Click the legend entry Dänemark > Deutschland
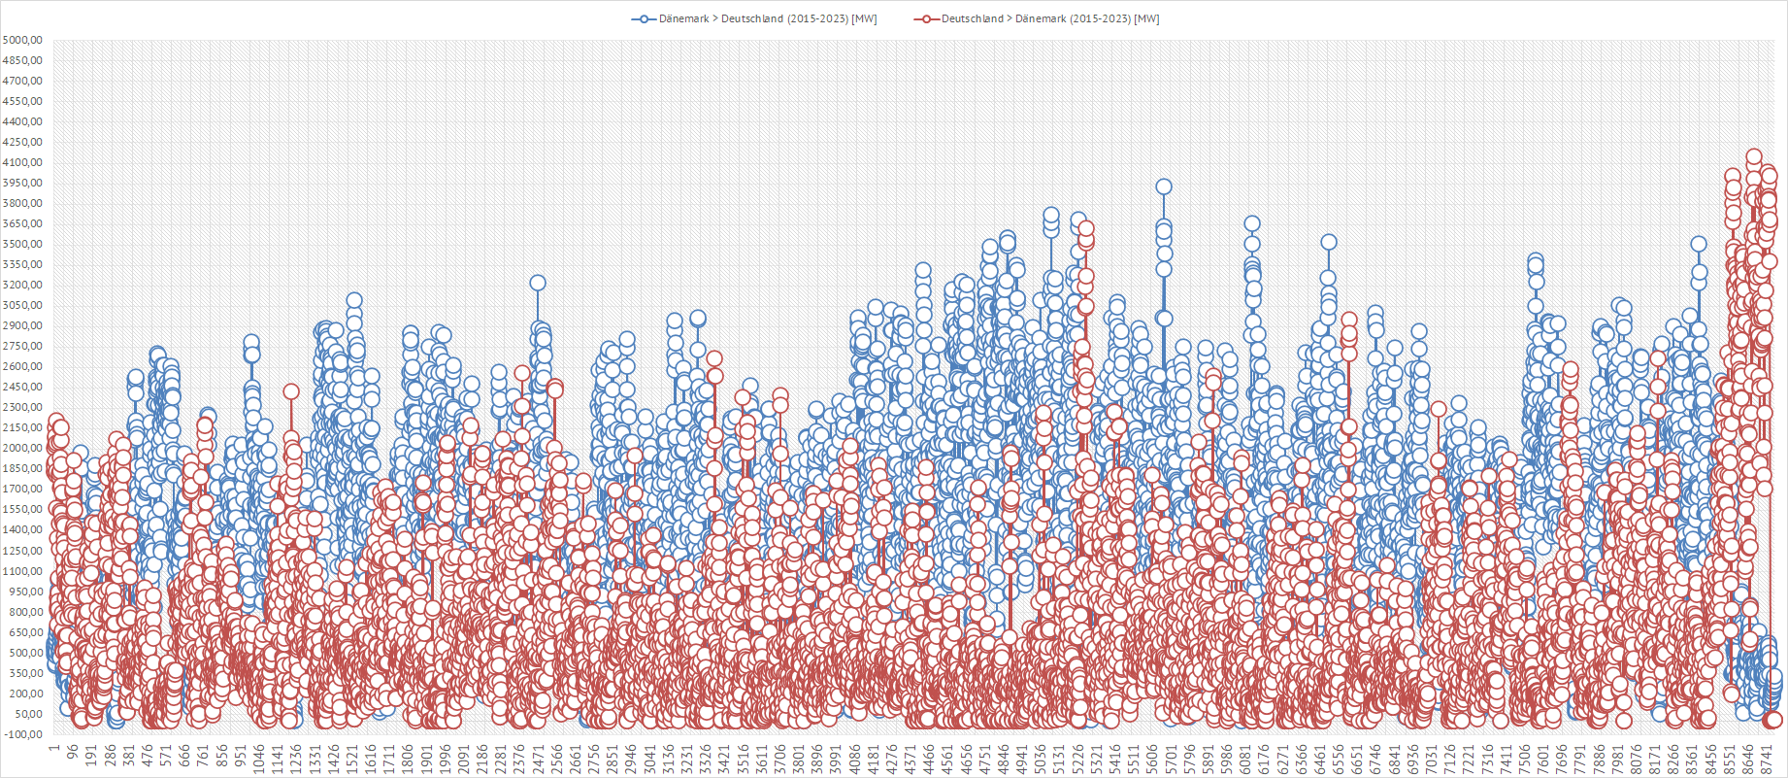pyautogui.click(x=767, y=18)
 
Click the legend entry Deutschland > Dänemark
pyautogui.click(x=1049, y=18)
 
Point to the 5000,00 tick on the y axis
pyautogui.click(x=22, y=40)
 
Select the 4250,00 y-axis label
pyautogui.click(x=22, y=142)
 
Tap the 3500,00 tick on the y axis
pyautogui.click(x=22, y=244)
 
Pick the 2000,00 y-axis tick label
pyautogui.click(x=22, y=448)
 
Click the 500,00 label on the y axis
pyautogui.click(x=22, y=653)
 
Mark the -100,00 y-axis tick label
pyautogui.click(x=22, y=734)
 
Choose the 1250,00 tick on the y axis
pyautogui.click(x=22, y=551)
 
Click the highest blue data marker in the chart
pyautogui.click(x=1164, y=186)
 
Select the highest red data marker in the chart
pyautogui.click(x=1753, y=156)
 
